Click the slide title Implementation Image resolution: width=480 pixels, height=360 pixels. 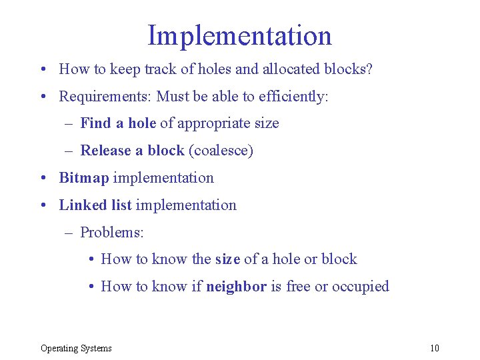[239, 35]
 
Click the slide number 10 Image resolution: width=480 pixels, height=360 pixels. [435, 348]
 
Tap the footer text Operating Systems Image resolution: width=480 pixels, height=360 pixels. [76, 348]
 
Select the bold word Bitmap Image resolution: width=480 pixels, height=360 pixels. [84, 178]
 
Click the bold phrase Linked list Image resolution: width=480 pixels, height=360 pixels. [95, 205]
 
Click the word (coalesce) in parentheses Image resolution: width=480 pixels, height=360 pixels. [221, 151]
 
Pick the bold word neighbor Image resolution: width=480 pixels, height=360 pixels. [236, 287]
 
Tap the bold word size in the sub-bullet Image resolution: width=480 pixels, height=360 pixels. [227, 259]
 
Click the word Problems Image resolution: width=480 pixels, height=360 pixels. [112, 233]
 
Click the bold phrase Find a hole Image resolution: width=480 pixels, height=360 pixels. [118, 123]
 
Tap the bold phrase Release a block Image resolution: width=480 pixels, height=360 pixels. [132, 151]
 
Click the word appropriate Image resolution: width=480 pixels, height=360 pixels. [210, 123]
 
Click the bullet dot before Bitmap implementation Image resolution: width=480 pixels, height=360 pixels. [43, 179]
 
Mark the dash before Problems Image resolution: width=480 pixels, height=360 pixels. [69, 233]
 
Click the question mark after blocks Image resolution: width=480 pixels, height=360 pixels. [369, 69]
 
